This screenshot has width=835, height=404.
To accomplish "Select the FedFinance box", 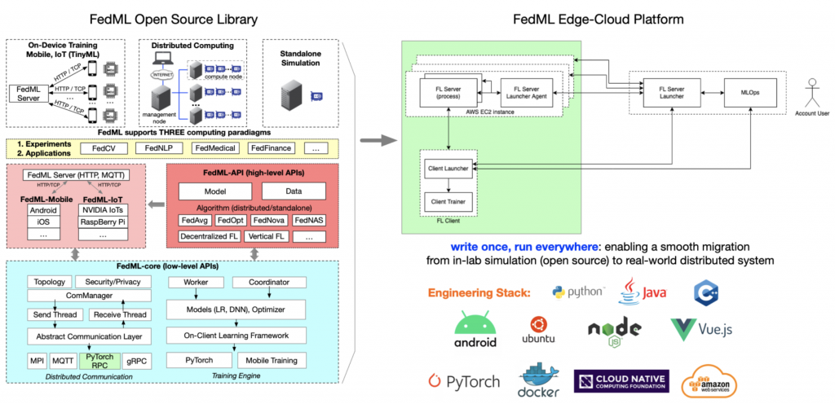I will [x=273, y=147].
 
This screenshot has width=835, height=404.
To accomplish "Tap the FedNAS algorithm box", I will [x=308, y=220].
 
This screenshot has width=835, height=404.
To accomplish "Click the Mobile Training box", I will [x=272, y=359].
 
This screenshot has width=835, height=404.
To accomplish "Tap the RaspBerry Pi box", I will [x=104, y=220].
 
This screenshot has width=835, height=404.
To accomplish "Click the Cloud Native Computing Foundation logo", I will [x=622, y=380].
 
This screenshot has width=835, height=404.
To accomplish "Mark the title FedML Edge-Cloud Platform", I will [x=599, y=19].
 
